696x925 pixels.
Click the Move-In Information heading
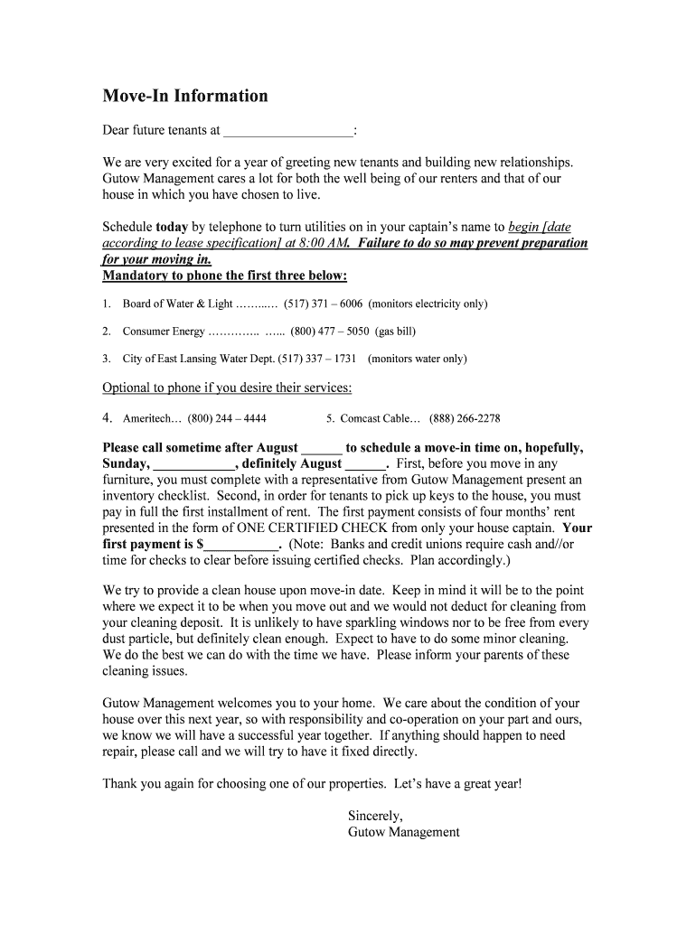185,97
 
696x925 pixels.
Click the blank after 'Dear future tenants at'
287,131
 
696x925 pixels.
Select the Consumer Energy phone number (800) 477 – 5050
330,332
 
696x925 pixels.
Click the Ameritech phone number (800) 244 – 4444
227,419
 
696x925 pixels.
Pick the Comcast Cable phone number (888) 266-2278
465,419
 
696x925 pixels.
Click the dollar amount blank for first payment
241,545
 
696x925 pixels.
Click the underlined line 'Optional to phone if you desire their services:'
227,388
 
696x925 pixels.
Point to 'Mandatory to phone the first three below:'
225,276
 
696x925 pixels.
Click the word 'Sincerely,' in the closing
375,817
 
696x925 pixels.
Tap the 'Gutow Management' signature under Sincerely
404,833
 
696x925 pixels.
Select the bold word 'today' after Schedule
172,227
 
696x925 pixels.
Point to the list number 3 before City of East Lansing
106,359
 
